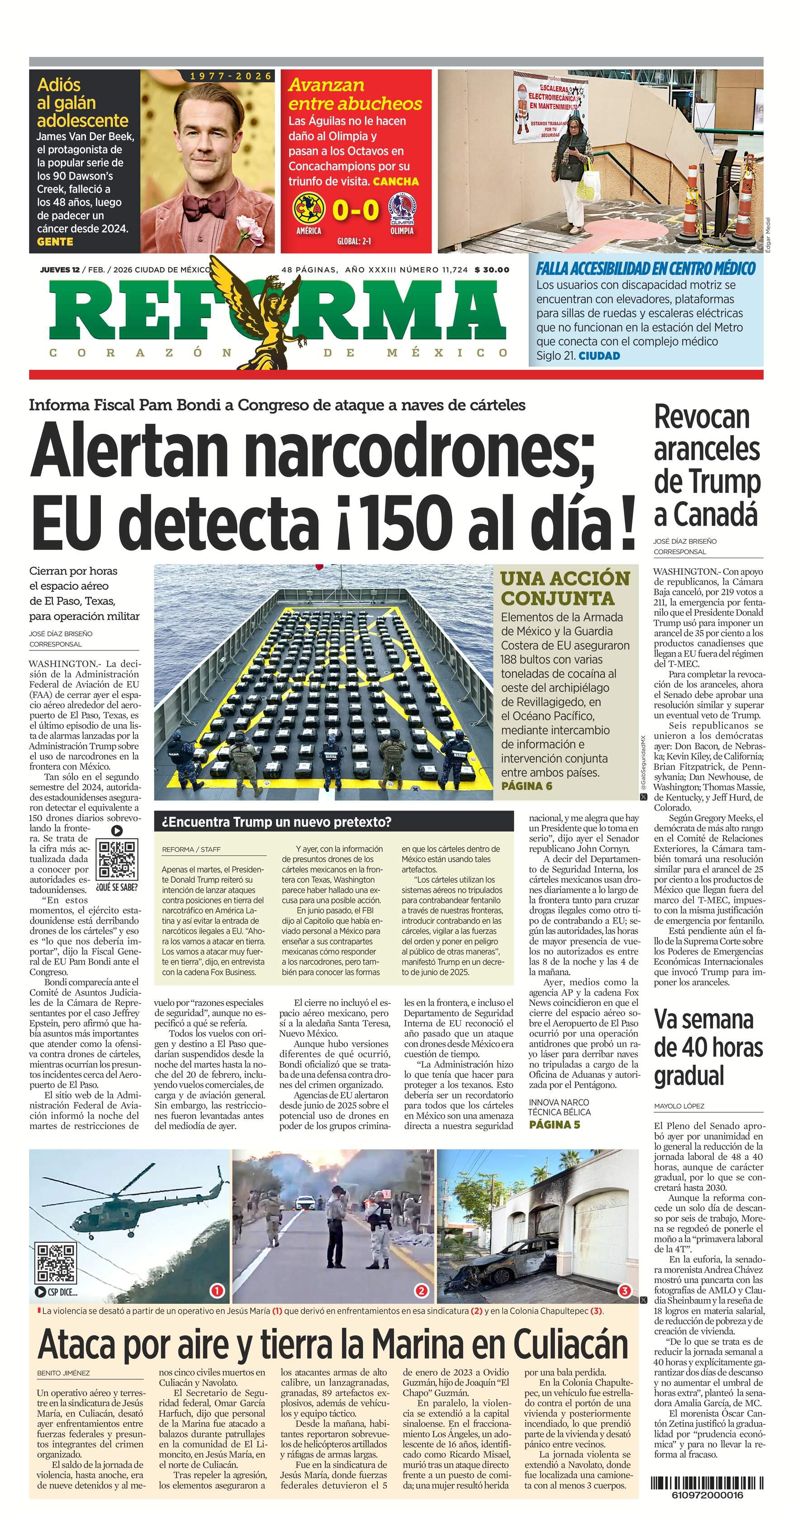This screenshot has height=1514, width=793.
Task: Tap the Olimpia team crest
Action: pos(402,210)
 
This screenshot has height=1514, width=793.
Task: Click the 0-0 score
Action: pos(355,210)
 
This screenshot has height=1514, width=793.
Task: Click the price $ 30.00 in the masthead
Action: pos(492,270)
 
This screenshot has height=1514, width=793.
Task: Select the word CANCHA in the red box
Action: pos(396,181)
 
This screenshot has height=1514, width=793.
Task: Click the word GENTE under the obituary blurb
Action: pos(55,242)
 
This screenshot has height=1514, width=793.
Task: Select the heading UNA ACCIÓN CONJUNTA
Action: pos(565,588)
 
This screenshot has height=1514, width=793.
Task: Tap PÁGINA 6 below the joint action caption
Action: pos(527,786)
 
